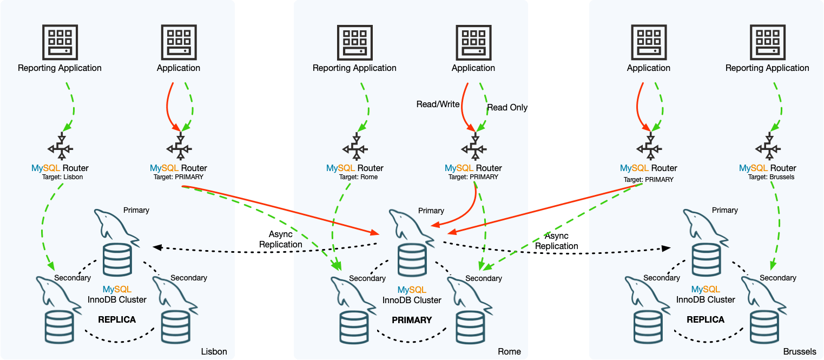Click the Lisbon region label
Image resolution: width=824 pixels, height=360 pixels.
214,351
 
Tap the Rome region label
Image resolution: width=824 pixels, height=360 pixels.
509,351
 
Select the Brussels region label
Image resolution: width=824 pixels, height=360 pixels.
799,351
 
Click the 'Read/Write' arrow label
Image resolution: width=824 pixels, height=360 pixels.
438,104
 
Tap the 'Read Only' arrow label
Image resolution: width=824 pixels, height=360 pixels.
507,108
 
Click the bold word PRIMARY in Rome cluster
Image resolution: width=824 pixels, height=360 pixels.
412,320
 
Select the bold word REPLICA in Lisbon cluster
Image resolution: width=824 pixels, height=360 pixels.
117,320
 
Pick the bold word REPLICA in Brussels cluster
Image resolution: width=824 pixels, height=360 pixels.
706,320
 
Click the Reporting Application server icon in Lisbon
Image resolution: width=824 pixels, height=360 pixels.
60,42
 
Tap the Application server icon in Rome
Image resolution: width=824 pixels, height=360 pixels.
473,42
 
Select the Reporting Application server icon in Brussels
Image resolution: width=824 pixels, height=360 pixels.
767,42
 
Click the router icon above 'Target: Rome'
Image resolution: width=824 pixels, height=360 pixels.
354,148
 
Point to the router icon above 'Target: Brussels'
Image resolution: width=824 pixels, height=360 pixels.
767,148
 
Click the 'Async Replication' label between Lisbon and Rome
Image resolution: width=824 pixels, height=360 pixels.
280,239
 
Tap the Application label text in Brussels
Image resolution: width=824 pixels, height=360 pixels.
648,68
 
